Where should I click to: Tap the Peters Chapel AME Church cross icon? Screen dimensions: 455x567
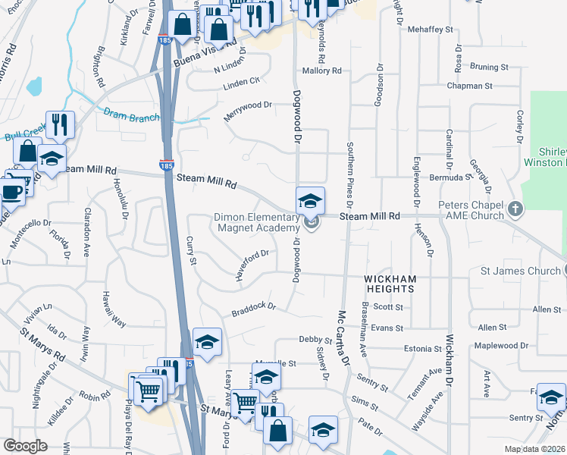click(x=515, y=208)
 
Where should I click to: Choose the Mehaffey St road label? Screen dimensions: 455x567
click(x=430, y=30)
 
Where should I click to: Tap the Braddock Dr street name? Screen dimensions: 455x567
click(x=253, y=309)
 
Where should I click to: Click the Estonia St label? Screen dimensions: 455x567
click(x=423, y=349)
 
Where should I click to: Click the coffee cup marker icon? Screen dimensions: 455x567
click(x=12, y=191)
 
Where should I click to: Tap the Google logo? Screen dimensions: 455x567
click(x=26, y=446)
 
